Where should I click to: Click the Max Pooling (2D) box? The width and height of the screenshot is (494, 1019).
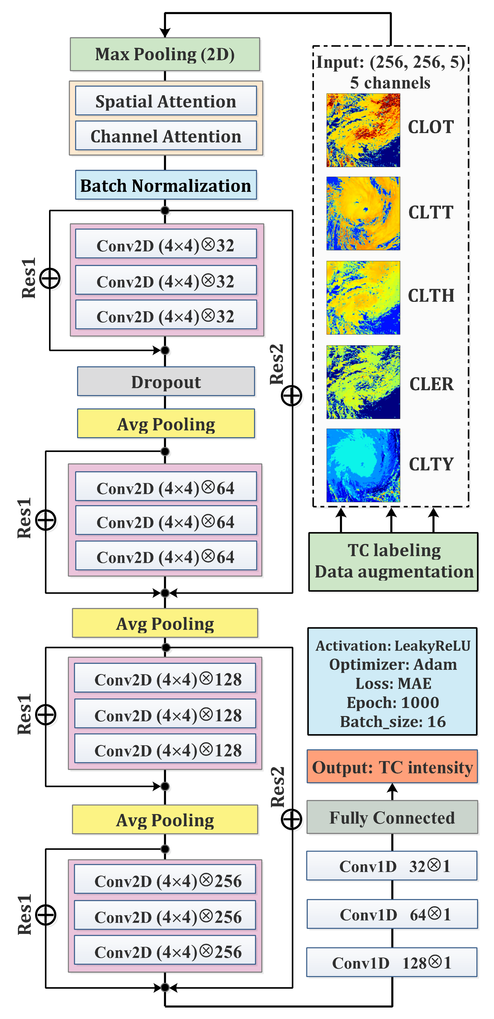pyautogui.click(x=165, y=54)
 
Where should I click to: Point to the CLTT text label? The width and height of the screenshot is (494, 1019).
pyautogui.click(x=431, y=212)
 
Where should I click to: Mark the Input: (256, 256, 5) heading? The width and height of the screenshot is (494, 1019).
pyautogui.click(x=390, y=62)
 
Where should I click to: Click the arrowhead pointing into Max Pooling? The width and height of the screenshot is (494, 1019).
pyautogui.click(x=165, y=32)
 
